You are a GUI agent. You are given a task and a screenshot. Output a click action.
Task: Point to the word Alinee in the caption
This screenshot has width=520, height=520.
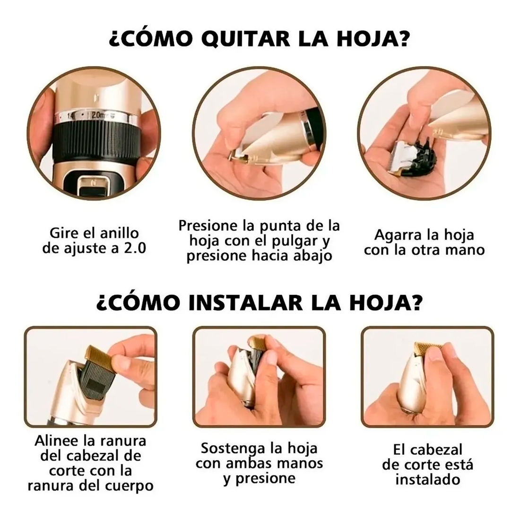click(57, 441)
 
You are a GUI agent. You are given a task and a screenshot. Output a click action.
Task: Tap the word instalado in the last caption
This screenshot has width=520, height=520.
click(427, 479)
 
